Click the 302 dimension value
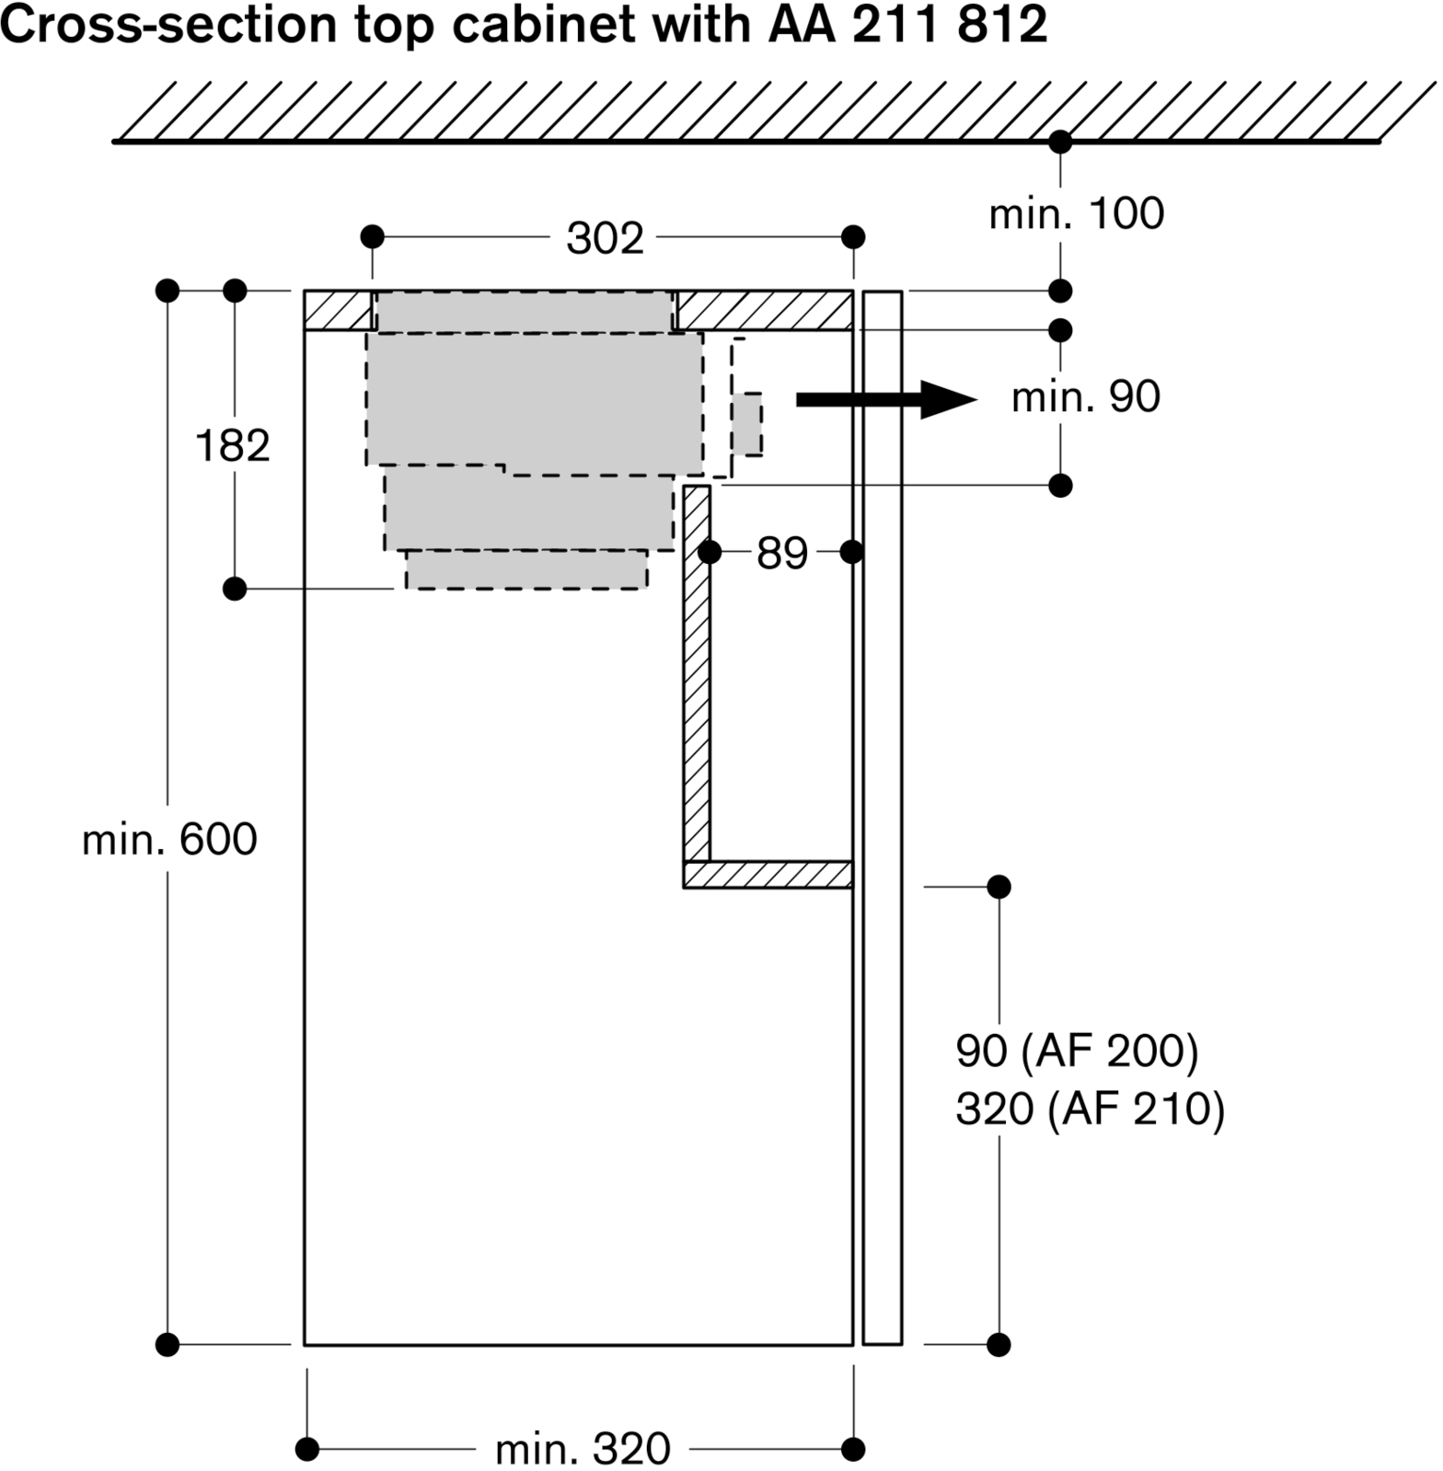(x=604, y=238)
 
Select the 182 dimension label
(x=233, y=446)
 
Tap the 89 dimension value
(x=781, y=553)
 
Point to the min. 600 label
(x=169, y=840)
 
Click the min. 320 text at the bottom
(x=583, y=1449)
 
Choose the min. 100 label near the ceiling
(x=1076, y=213)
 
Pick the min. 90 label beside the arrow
(x=1085, y=396)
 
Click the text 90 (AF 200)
(x=1077, y=1051)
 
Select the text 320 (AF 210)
(x=1090, y=1109)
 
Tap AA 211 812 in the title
(x=906, y=26)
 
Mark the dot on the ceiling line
(x=1060, y=143)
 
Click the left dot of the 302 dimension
(x=372, y=237)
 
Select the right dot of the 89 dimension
(x=851, y=552)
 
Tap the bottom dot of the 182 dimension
(x=235, y=588)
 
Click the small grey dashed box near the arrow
(x=747, y=424)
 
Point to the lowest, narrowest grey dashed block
(x=526, y=570)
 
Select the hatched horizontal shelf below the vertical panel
(x=768, y=874)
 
